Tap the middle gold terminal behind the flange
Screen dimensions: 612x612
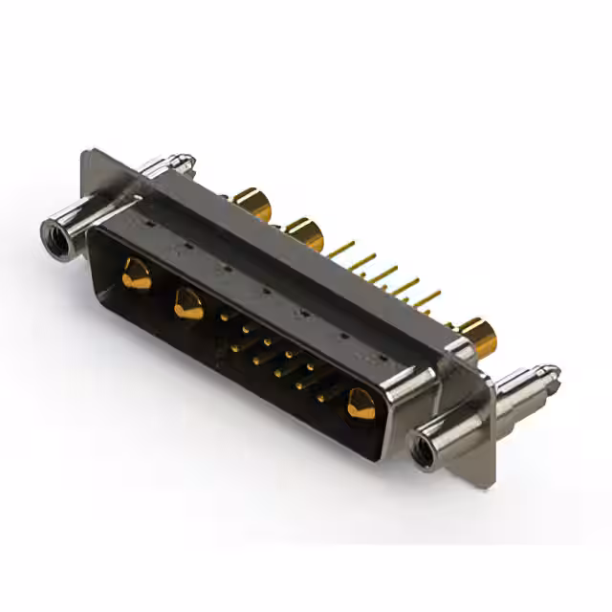tap(304, 232)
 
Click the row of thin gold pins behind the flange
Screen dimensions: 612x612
tap(382, 277)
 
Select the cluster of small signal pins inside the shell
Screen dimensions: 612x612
tap(277, 359)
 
